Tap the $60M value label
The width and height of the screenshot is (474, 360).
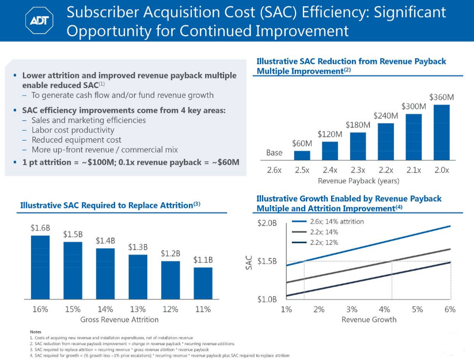point(302,143)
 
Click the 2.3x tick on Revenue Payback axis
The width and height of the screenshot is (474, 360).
point(358,170)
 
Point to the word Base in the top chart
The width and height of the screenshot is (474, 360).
point(274,153)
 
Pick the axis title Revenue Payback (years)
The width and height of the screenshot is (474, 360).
point(358,181)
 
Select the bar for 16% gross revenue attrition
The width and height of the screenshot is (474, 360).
point(40,267)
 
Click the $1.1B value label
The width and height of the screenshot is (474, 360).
point(203,260)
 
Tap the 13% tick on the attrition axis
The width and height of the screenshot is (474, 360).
point(138,309)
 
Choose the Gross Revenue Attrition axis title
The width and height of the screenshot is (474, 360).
point(119,319)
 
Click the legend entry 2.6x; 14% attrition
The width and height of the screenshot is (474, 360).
point(337,221)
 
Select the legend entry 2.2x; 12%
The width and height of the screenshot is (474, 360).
point(324,242)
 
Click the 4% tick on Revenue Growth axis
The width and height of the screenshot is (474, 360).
point(385,309)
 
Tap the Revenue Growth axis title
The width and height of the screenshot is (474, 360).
point(369,319)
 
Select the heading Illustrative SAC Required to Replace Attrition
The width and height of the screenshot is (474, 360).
point(109,204)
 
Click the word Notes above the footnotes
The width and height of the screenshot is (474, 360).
point(35,331)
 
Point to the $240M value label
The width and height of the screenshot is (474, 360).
point(386,116)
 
